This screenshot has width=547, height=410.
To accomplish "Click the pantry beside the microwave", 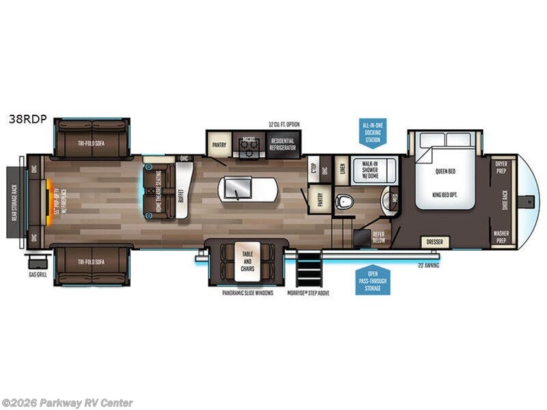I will coord(219,144).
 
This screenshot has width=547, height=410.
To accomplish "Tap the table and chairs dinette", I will coord(246,260).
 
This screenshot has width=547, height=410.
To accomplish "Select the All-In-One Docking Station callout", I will coord(373,131).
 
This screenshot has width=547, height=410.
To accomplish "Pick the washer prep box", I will coord(501,236).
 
